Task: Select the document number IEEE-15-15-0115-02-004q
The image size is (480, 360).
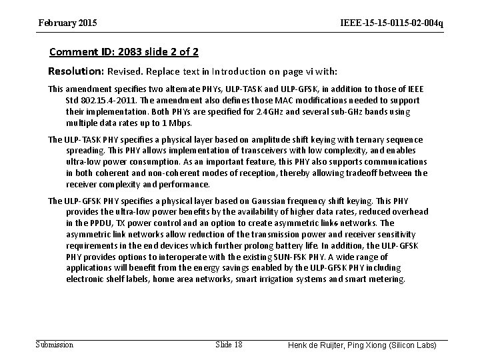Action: (391, 23)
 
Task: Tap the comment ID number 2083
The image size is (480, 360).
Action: (135, 51)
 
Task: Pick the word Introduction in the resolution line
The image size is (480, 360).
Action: (213, 71)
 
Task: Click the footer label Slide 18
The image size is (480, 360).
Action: (229, 344)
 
